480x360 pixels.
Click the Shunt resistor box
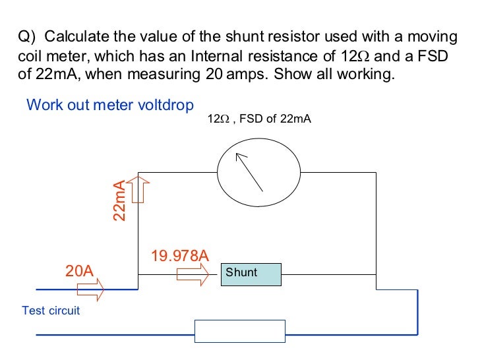251,274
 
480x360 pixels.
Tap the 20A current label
79,271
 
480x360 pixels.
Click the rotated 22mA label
119,200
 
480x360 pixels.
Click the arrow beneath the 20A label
90,289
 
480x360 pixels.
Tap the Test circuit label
51,310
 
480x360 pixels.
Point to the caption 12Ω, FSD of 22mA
259,119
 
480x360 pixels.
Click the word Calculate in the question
74,36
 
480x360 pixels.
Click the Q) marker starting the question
27,36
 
